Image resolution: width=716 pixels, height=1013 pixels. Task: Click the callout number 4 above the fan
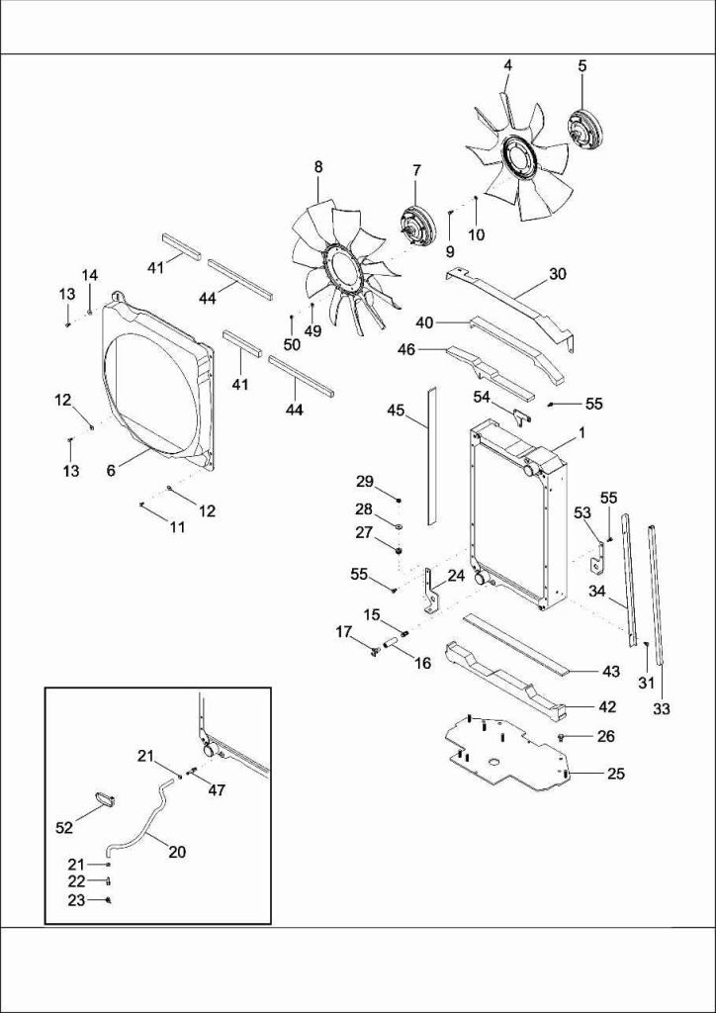507,65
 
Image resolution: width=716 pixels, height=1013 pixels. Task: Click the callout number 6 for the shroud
111,471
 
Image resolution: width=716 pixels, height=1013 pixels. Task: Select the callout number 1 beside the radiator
582,432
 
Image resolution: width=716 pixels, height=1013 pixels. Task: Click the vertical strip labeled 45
431,455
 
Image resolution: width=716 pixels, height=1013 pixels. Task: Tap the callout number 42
607,706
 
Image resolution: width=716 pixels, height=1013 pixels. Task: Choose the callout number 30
558,274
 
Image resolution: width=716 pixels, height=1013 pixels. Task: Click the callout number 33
662,708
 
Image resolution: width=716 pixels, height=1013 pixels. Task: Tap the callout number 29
365,481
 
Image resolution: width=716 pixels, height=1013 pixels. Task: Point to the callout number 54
482,396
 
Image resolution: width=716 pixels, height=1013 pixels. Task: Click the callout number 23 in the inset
76,900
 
